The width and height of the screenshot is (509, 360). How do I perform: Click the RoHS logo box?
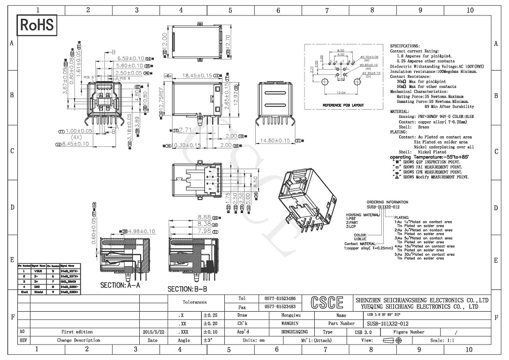37,25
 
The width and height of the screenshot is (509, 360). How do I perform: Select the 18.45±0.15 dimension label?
193,76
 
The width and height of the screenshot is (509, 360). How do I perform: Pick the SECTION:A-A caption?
120,285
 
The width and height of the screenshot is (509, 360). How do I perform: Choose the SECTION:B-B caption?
187,289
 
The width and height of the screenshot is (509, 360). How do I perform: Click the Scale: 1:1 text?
442,340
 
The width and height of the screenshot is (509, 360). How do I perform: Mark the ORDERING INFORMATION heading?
387,202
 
